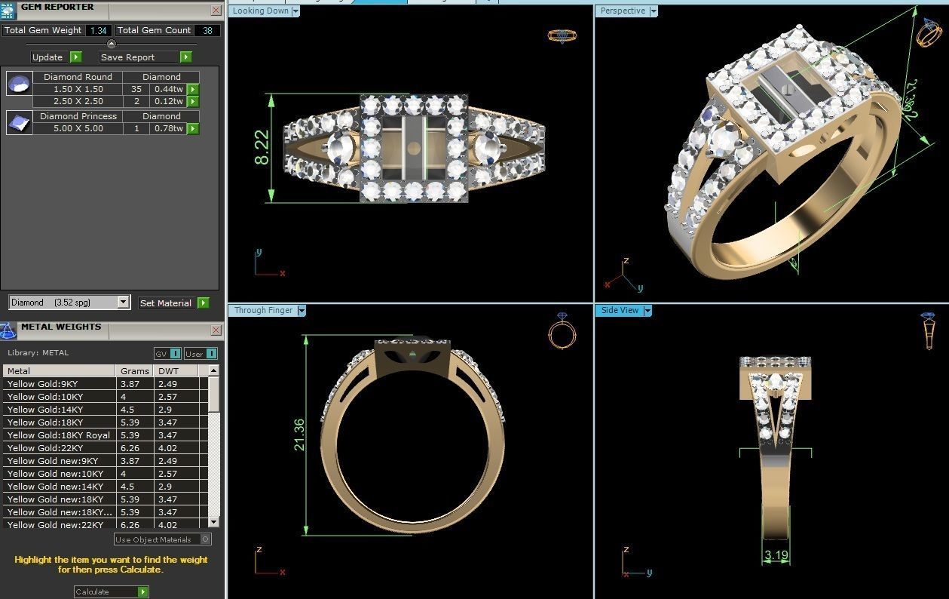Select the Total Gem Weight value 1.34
point(97,30)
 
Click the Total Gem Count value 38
point(207,30)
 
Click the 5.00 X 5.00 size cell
point(78,128)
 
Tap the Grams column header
point(134,371)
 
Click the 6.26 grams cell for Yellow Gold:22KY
point(130,448)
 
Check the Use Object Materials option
point(206,539)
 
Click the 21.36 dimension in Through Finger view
point(299,435)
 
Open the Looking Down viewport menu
point(295,11)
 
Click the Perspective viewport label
point(623,11)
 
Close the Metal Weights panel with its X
point(216,330)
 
